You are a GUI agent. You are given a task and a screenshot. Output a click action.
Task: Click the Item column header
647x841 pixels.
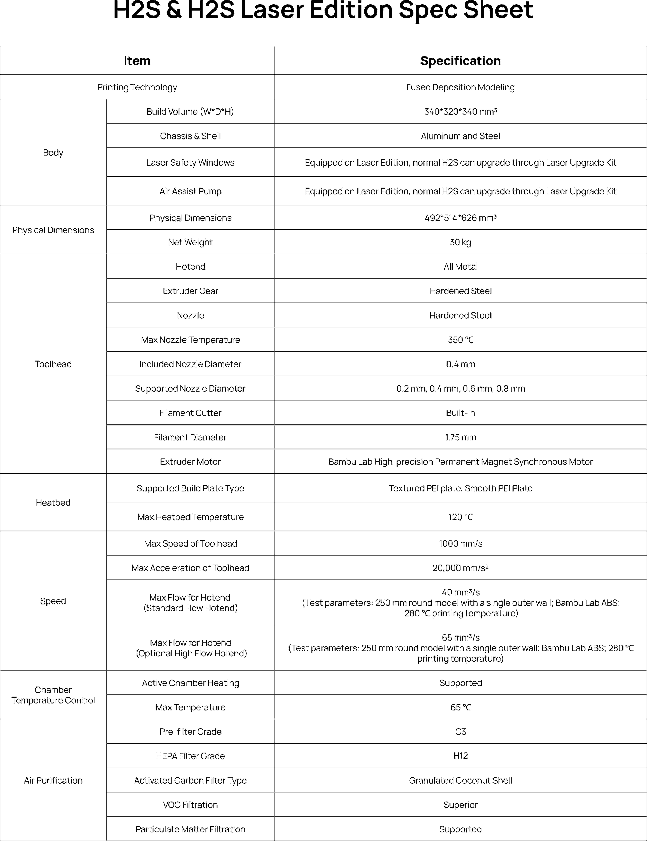point(137,61)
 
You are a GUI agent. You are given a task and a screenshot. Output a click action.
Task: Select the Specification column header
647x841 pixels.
point(460,61)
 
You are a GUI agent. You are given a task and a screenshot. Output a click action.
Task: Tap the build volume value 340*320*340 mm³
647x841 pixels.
point(460,112)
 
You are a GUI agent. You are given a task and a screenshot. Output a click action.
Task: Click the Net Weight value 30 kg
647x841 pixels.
point(460,242)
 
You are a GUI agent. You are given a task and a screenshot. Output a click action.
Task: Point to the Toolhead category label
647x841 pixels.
point(53,364)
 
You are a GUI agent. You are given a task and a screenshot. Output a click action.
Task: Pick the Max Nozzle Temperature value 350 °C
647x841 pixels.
point(460,340)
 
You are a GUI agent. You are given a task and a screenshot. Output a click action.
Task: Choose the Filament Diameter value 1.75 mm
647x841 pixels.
point(460,437)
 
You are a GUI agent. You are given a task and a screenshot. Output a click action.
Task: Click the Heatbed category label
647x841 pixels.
point(53,502)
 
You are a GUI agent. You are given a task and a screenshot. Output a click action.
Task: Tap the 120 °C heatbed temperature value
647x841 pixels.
point(460,517)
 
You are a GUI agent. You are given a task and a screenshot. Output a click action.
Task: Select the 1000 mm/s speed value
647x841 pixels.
point(460,544)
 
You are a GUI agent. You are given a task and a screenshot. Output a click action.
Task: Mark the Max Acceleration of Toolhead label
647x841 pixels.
point(190,568)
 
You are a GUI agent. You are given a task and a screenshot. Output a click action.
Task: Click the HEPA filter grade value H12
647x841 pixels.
point(460,756)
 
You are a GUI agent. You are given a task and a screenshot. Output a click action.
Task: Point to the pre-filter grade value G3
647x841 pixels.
point(460,732)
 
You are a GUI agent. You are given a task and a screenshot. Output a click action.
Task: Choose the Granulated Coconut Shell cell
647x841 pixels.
point(460,781)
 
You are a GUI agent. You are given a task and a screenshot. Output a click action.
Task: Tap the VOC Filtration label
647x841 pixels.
point(190,805)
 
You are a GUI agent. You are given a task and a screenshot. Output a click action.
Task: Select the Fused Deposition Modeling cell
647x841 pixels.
point(460,87)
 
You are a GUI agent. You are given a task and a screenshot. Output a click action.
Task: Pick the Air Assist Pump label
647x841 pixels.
point(190,191)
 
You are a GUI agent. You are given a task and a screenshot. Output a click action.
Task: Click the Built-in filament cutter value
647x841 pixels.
point(460,413)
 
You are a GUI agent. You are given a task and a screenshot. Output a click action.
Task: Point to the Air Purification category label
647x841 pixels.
point(53,781)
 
